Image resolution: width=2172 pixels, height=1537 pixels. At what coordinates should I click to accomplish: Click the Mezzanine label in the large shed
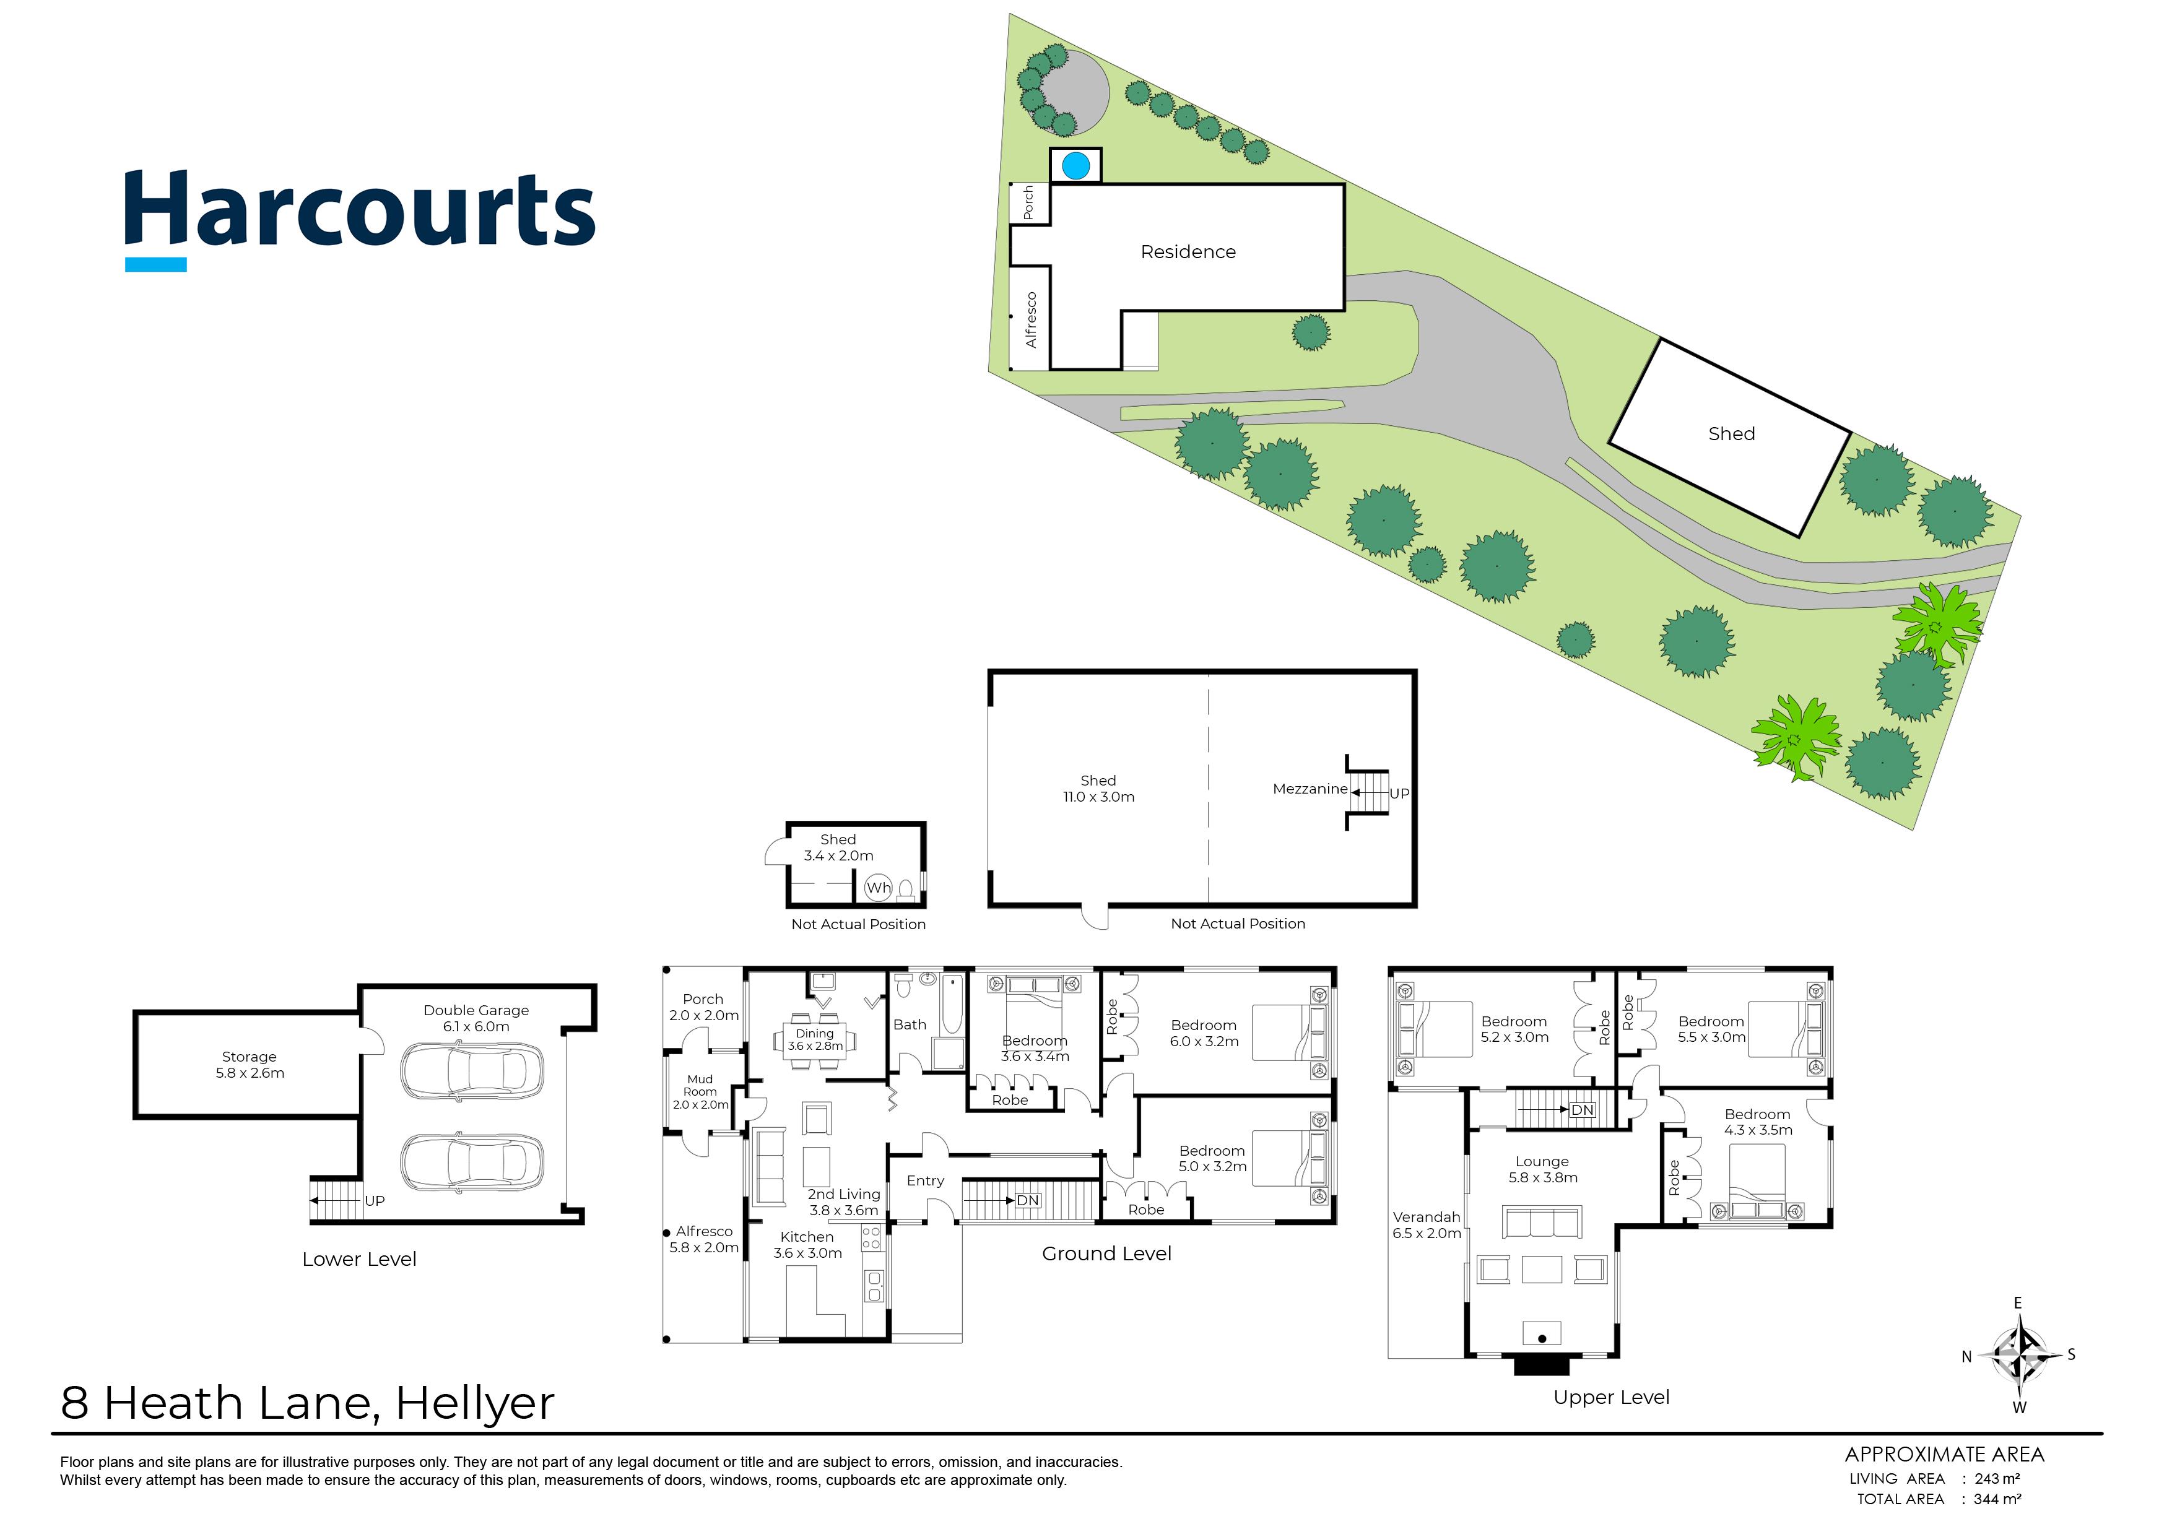tap(1310, 789)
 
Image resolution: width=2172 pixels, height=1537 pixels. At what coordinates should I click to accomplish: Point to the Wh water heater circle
tap(878, 888)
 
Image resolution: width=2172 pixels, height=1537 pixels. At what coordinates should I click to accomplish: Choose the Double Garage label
tap(476, 1010)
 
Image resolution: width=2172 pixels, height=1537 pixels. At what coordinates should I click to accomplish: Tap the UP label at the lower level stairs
tap(375, 1201)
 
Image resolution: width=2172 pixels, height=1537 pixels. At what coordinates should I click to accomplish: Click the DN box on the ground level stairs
tap(1028, 1201)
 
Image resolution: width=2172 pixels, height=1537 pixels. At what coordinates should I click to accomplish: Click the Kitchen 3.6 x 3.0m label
tap(807, 1245)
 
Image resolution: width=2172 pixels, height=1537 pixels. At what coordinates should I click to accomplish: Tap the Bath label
tap(910, 1024)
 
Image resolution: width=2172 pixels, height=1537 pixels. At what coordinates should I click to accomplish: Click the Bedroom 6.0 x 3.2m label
tap(1204, 1033)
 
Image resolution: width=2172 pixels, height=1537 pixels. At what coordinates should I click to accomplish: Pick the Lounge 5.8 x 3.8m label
tap(1543, 1169)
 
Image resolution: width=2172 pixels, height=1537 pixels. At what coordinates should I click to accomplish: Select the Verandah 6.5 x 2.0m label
tap(1427, 1224)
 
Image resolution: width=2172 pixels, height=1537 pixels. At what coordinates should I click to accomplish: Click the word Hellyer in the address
tap(475, 1403)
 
